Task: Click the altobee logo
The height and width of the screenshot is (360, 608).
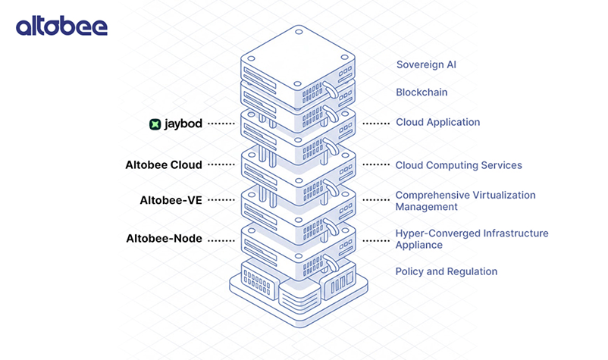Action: pyautogui.click(x=61, y=27)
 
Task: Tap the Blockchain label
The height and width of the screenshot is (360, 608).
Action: pyautogui.click(x=422, y=92)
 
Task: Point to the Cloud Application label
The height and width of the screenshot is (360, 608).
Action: pyautogui.click(x=437, y=122)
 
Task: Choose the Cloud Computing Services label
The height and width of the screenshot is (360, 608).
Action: pyautogui.click(x=459, y=165)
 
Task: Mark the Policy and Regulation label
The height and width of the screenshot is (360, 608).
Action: pyautogui.click(x=446, y=271)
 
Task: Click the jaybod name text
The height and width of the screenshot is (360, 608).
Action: pyautogui.click(x=183, y=123)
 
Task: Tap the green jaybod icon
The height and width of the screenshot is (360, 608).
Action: pyautogui.click(x=155, y=123)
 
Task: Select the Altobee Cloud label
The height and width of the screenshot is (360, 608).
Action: pyautogui.click(x=164, y=164)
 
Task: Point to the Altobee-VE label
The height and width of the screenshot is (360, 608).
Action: pyautogui.click(x=171, y=200)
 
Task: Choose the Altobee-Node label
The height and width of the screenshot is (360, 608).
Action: pyautogui.click(x=164, y=239)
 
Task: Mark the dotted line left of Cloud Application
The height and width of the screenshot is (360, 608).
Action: pyautogui.click(x=375, y=123)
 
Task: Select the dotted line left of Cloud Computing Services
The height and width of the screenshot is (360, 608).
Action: pyautogui.click(x=375, y=165)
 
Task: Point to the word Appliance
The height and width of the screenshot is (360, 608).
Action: pyautogui.click(x=418, y=246)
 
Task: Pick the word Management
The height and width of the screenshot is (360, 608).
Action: pyautogui.click(x=426, y=207)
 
